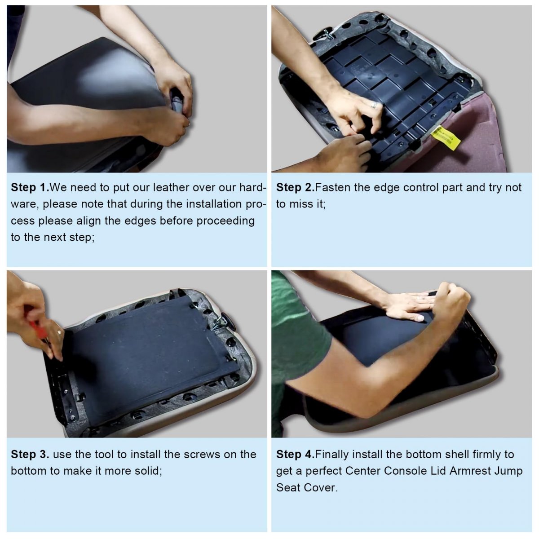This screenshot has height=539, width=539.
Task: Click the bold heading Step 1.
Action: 30,187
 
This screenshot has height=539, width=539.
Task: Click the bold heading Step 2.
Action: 296,187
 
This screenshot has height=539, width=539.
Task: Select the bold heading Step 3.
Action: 30,454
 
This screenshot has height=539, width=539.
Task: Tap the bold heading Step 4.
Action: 296,454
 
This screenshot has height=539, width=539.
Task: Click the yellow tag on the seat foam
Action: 446,138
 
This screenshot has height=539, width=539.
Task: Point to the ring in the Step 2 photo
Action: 374,105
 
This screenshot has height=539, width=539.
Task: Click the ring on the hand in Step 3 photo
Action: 59,332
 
